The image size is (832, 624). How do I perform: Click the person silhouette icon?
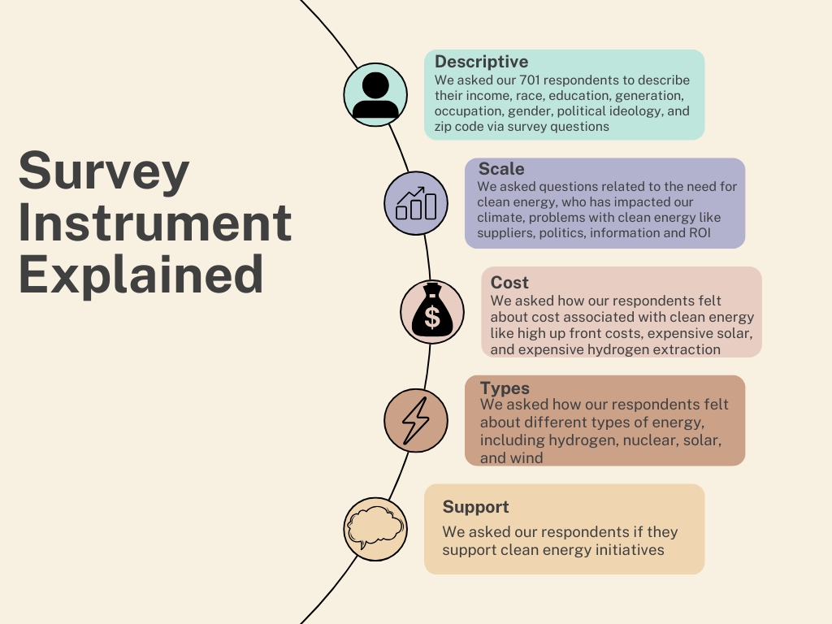375,95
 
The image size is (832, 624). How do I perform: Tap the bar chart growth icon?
416,203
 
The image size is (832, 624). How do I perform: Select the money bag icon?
432,312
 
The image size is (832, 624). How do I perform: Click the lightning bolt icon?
416,420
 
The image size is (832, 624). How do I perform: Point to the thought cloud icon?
375,529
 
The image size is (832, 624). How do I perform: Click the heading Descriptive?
481,62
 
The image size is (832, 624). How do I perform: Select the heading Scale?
501,169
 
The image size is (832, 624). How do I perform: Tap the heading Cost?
509,283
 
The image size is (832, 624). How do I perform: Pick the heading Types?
505,388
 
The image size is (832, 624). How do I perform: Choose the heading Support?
475,507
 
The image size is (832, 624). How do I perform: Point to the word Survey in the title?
104,172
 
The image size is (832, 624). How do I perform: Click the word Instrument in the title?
154,223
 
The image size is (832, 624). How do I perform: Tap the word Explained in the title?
141,275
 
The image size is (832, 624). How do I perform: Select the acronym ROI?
697,233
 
